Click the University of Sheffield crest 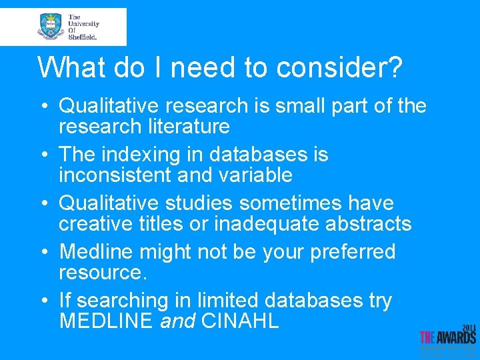point(51,26)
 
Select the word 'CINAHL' point(240,321)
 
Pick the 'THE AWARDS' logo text point(448,337)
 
